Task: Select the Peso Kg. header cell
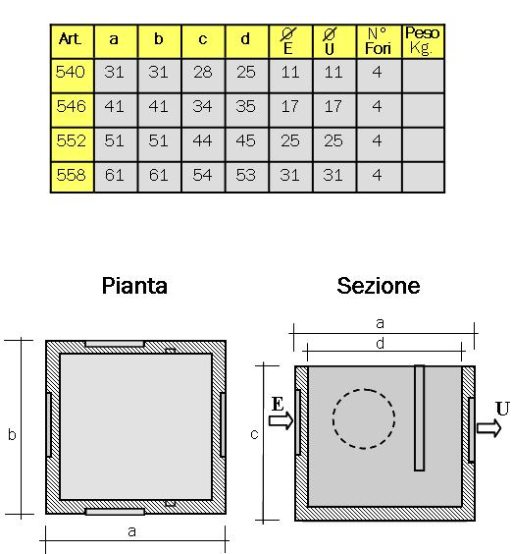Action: [423, 41]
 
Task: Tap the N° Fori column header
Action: [379, 41]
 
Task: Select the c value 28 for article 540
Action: [203, 72]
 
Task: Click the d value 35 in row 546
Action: [246, 106]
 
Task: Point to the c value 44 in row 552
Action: [203, 140]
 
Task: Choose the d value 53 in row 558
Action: [246, 175]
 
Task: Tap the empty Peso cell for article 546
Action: [423, 110]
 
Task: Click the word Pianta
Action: [134, 286]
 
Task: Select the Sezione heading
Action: [379, 286]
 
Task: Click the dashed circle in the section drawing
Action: [333, 419]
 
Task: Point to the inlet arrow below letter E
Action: [281, 420]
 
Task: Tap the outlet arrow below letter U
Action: [489, 428]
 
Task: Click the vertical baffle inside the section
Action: [419, 418]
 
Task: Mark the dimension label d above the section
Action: [380, 343]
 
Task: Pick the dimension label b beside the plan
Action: [12, 434]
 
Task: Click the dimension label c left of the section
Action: [254, 434]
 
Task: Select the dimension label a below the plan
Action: [131, 531]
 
